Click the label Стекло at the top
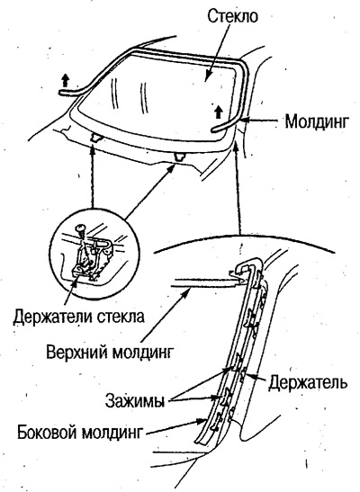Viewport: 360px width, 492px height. click(x=232, y=16)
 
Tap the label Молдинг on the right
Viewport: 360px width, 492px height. click(x=317, y=121)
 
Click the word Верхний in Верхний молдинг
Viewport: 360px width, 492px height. click(x=77, y=353)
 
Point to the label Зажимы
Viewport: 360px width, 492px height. click(x=135, y=400)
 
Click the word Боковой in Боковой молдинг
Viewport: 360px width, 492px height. click(x=48, y=433)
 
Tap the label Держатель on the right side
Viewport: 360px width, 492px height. click(x=308, y=383)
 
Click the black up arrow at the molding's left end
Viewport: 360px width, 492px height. click(x=65, y=80)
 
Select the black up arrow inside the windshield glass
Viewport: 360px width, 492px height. click(x=219, y=112)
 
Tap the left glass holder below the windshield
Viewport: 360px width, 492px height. click(x=95, y=137)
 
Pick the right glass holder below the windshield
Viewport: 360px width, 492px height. click(x=180, y=157)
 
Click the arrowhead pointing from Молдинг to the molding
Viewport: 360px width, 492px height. click(x=245, y=120)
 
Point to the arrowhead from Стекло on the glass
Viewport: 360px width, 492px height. click(x=206, y=78)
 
